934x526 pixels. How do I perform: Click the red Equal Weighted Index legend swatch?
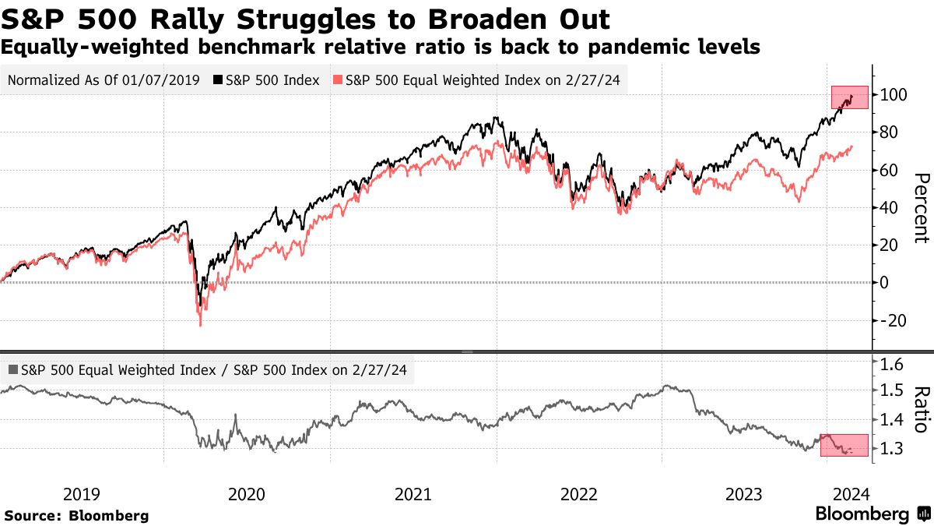(x=338, y=79)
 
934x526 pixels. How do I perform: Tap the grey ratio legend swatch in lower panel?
(x=13, y=371)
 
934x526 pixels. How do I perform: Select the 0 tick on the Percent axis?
(x=884, y=283)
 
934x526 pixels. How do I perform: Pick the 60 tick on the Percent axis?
(x=889, y=170)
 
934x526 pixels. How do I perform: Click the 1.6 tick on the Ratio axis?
(x=890, y=364)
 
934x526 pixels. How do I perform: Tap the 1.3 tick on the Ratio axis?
(x=890, y=449)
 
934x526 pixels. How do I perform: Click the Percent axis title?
(x=920, y=207)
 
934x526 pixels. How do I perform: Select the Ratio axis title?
(x=920, y=409)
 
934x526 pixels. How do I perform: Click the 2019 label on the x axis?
(x=81, y=494)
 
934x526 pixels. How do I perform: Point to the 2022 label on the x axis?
(x=579, y=494)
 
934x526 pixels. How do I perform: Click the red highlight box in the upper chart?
(x=849, y=97)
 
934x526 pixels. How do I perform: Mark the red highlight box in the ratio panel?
(x=844, y=446)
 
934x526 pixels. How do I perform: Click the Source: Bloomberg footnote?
(x=76, y=516)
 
